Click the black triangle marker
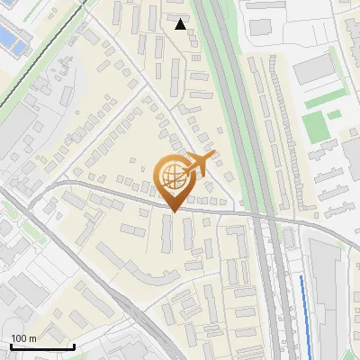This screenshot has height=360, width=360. (x=180, y=24)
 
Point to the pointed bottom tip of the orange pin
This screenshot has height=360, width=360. (x=172, y=211)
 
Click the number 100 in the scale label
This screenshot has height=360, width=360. (x=20, y=338)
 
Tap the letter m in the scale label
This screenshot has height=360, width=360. (x=32, y=338)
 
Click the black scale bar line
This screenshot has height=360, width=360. (x=41, y=347)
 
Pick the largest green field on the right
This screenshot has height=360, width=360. (x=314, y=127)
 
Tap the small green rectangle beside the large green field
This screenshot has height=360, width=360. (x=334, y=114)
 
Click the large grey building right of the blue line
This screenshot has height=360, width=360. (x=328, y=288)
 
